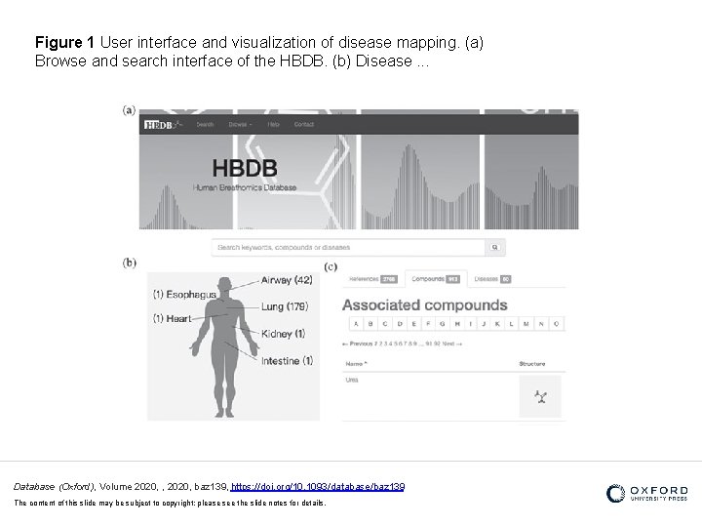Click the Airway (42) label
coord(286,280)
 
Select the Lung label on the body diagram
coord(284,306)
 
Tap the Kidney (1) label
coord(283,334)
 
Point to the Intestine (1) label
coord(287,360)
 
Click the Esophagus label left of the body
coord(184,294)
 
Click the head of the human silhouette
coord(225,285)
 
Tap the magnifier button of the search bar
coord(495,248)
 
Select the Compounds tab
coord(435,279)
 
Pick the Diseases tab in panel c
coord(492,279)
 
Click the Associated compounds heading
coord(424,305)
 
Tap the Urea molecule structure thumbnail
coord(539,395)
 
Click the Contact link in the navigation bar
coord(304,124)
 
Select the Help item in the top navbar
coord(274,124)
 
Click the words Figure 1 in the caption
coord(64,44)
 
